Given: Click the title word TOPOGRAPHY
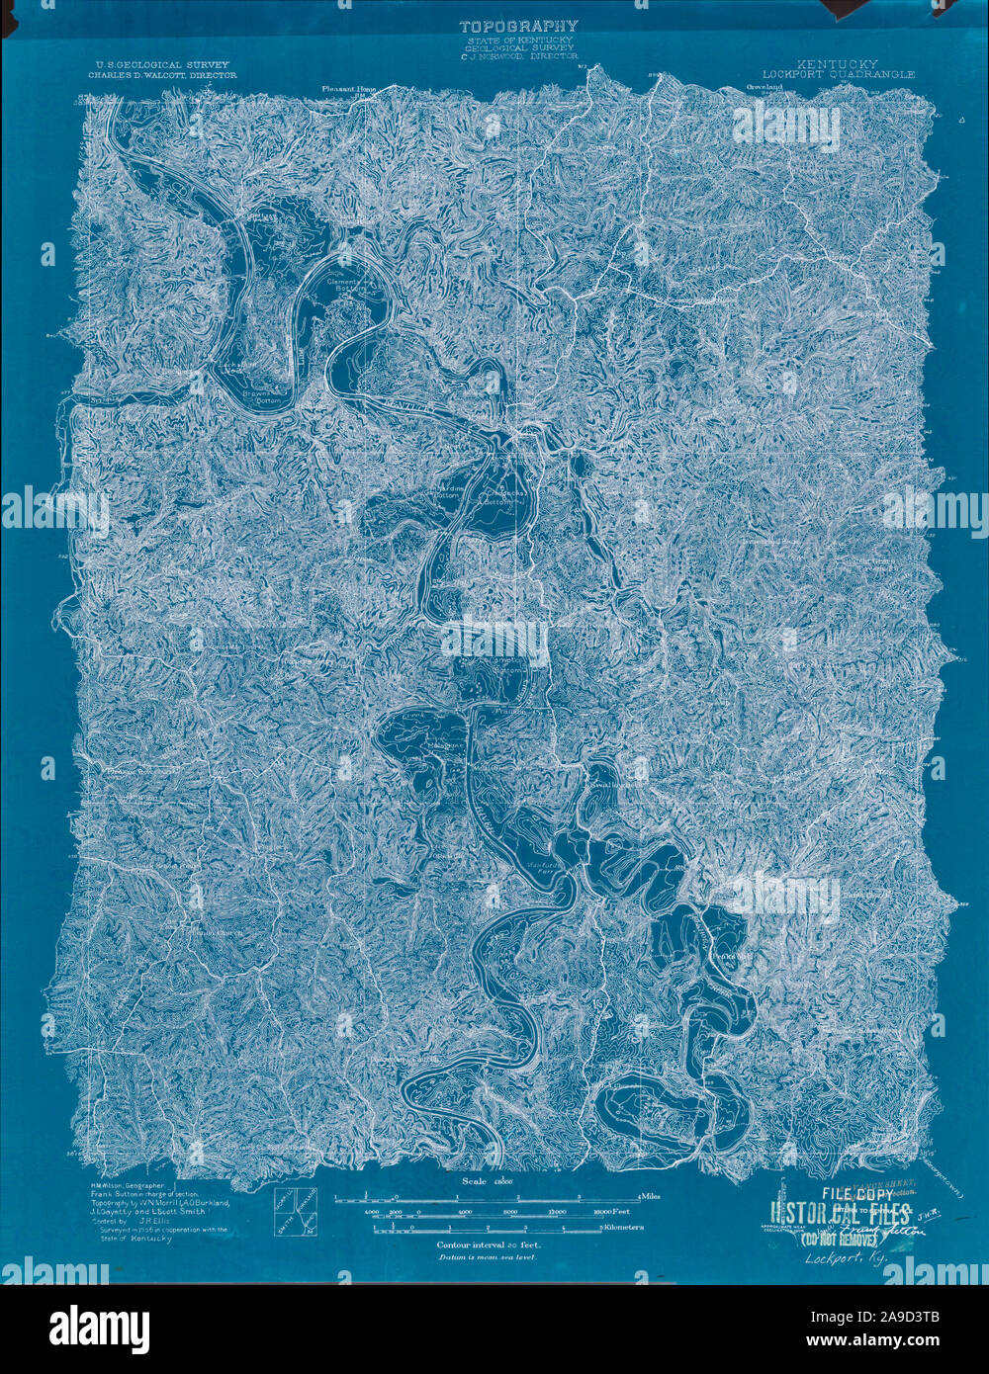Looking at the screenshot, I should (x=517, y=26).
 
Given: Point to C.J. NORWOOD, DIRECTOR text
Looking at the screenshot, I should (x=517, y=58).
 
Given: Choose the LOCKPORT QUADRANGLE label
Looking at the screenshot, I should (x=839, y=74).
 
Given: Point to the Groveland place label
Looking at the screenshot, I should (x=758, y=88).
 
